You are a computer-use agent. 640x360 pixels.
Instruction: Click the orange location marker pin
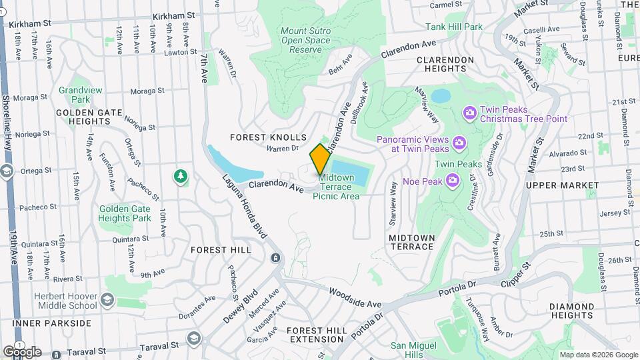click(x=320, y=159)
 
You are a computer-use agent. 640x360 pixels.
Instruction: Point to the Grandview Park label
click(x=74, y=95)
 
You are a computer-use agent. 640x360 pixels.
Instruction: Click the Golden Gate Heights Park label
click(x=125, y=213)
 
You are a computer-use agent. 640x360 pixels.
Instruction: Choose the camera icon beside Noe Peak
click(x=452, y=180)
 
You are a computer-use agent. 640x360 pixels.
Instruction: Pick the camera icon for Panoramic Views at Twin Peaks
click(x=459, y=143)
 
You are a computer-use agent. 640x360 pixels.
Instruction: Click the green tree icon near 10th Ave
click(x=180, y=177)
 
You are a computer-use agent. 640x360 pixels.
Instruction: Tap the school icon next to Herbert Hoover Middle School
click(x=107, y=301)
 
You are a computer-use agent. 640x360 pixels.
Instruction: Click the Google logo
click(x=22, y=351)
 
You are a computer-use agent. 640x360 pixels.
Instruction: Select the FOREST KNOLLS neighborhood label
click(x=268, y=137)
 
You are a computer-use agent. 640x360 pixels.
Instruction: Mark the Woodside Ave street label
click(x=355, y=296)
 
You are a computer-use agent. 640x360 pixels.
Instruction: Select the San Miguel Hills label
click(x=413, y=350)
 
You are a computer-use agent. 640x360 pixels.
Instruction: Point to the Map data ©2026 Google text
click(x=598, y=355)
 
